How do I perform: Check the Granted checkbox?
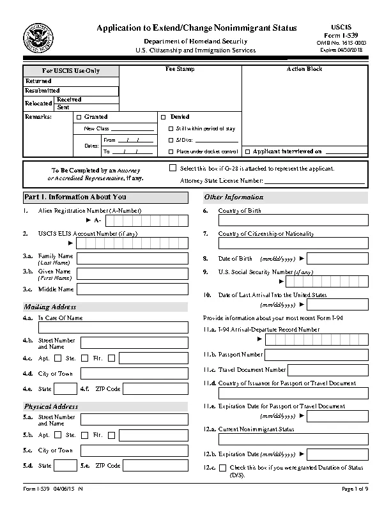[79, 118]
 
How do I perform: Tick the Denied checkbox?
[163, 118]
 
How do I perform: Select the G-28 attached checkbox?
[172, 168]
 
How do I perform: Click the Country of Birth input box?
[293, 220]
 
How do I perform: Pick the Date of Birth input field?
[339, 258]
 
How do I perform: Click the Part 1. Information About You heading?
[75, 197]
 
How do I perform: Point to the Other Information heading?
[233, 197]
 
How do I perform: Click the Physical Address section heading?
[51, 406]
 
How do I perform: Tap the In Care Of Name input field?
[112, 328]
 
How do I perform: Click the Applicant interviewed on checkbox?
[248, 152]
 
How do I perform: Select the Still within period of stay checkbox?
[171, 128]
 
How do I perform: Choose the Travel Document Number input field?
[328, 369]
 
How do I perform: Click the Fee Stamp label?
[180, 69]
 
